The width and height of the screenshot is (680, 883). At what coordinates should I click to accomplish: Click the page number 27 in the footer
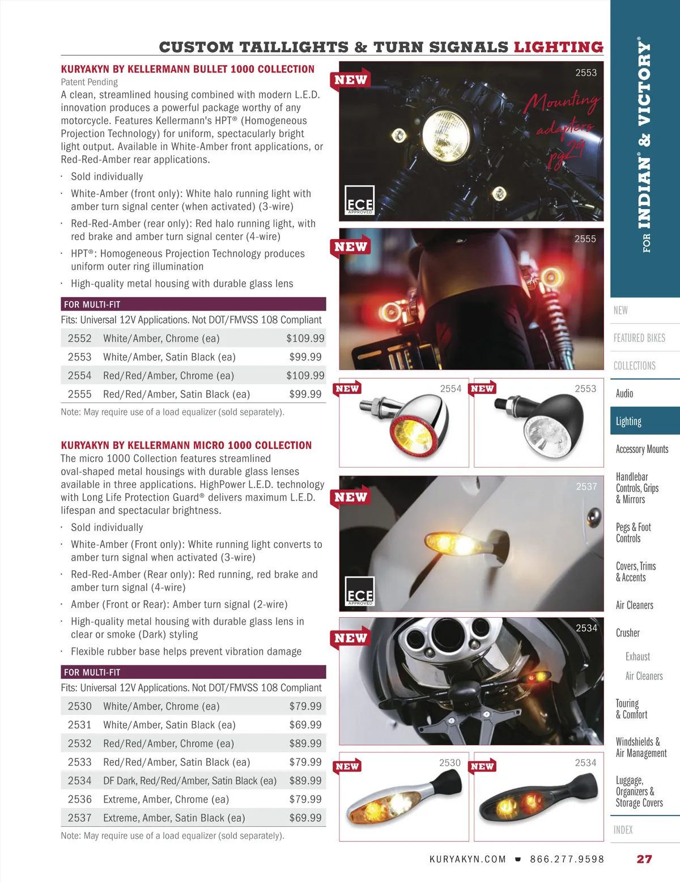644,859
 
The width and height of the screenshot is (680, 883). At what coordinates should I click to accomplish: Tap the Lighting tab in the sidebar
628,421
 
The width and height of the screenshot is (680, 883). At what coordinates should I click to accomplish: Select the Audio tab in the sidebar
624,393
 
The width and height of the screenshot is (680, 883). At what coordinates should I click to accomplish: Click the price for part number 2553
305,357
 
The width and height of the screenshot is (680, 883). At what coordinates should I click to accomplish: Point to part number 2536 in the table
79,799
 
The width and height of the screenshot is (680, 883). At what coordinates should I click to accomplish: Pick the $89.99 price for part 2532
305,744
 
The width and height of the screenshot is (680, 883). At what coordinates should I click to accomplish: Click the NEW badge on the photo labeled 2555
350,247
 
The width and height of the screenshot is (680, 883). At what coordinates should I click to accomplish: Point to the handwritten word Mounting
561,103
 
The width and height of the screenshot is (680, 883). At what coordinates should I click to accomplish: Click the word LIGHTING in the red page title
558,47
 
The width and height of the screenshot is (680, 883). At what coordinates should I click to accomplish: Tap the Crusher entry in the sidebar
627,633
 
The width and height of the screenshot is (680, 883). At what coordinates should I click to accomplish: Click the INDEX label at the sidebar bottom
623,830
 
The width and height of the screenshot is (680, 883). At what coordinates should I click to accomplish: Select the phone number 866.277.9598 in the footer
567,859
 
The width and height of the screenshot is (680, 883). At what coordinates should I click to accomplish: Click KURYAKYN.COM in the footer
467,859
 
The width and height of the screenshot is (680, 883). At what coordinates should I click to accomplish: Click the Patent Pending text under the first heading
90,82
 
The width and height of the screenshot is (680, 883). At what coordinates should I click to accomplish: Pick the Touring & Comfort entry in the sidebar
631,709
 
